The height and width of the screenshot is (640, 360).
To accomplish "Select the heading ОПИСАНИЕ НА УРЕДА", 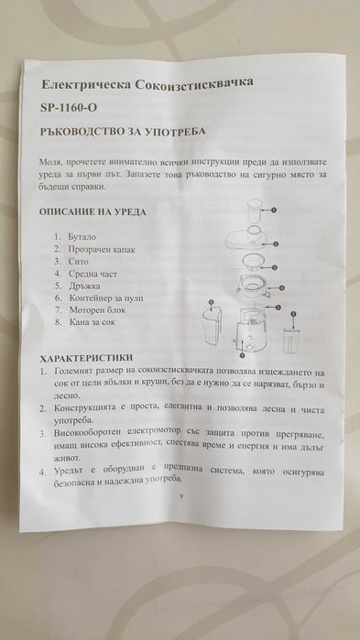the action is (92, 212).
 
